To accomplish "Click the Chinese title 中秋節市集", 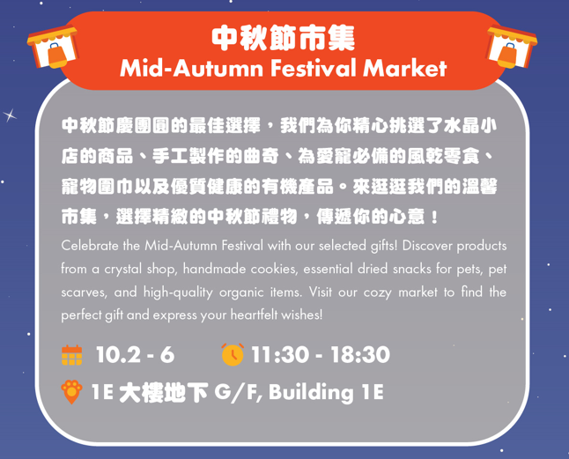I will [284, 37].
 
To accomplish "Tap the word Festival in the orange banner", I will [301, 68].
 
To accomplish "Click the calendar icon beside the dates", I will [72, 355].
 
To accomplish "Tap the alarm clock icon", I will [233, 355].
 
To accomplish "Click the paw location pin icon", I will [72, 392].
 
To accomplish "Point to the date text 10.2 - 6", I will [134, 355].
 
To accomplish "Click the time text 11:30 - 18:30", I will [321, 355].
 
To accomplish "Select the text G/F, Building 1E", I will [299, 392].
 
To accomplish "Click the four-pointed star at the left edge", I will [11, 115].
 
